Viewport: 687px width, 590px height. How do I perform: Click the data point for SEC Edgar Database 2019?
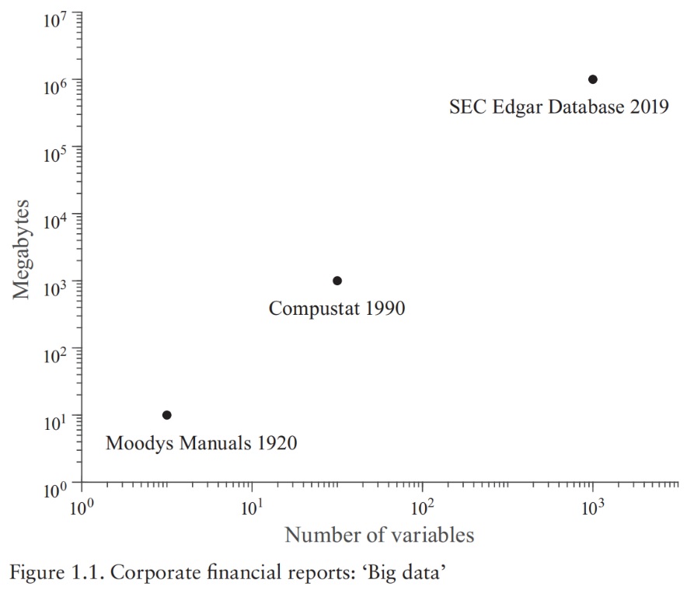[593, 79]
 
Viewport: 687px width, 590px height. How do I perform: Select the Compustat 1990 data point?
[337, 281]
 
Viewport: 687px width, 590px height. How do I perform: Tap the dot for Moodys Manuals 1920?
[166, 415]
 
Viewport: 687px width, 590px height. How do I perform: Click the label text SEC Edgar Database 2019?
[559, 107]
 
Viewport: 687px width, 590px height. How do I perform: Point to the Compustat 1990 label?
[337, 309]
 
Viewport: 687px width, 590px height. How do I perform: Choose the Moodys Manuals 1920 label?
[201, 444]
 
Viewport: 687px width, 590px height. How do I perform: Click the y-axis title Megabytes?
[22, 250]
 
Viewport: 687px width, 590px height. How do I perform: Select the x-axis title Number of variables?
[379, 535]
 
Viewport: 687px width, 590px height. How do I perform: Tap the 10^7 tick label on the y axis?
[57, 19]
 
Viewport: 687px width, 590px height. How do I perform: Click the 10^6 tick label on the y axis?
[57, 86]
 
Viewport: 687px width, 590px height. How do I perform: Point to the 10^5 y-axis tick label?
[57, 153]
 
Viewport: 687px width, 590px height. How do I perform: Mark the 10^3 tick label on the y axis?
[57, 288]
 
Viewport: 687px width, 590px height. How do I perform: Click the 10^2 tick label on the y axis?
[57, 354]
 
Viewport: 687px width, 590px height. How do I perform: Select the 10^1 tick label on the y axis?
[57, 421]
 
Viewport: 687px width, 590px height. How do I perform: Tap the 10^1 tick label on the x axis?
[251, 508]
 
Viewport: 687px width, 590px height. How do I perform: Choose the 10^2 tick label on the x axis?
[422, 508]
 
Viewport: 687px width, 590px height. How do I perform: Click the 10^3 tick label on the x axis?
[592, 508]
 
